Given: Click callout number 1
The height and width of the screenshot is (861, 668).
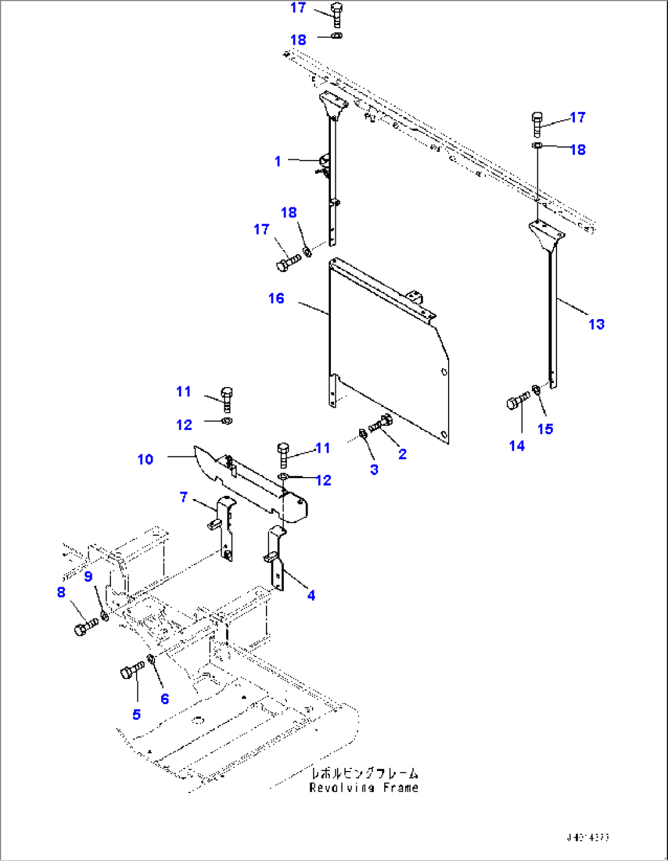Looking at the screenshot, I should click(278, 161).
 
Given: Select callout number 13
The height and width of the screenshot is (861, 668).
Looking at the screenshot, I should click(596, 324).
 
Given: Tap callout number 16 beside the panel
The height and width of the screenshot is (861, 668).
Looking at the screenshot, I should click(276, 298).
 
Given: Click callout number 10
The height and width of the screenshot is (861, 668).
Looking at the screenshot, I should click(145, 459).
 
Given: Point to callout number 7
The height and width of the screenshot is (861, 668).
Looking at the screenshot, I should click(183, 497).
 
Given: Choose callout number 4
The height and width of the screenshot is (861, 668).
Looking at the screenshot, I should click(311, 595).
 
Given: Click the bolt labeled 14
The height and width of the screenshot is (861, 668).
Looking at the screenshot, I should click(517, 402).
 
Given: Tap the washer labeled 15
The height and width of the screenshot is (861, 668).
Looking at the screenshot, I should click(536, 389).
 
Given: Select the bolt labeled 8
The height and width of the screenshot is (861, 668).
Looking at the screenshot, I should click(85, 627).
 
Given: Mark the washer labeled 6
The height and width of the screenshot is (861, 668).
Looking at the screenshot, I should click(151, 660).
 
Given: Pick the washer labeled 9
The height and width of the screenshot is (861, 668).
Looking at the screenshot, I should click(105, 615).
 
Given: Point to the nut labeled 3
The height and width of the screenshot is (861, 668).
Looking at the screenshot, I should click(362, 434).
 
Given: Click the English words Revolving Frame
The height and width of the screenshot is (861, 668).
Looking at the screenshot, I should click(364, 788).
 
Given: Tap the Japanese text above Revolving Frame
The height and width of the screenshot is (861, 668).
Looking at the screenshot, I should click(364, 773).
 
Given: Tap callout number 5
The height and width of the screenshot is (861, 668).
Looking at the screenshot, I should click(137, 714).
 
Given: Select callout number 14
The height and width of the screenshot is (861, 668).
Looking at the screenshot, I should click(517, 446).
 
